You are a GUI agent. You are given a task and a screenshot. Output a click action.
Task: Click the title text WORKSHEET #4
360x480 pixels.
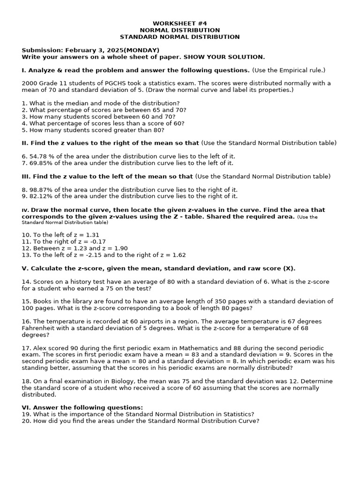[x=180, y=23]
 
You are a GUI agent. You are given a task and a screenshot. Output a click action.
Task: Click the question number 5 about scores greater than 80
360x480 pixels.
[x=24, y=130]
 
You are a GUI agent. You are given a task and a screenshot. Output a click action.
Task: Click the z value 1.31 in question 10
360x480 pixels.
[x=92, y=235]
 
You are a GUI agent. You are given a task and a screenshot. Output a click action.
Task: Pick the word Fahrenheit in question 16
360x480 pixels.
[x=37, y=328]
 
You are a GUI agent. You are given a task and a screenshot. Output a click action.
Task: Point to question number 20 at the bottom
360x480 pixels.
[x=26, y=421]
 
